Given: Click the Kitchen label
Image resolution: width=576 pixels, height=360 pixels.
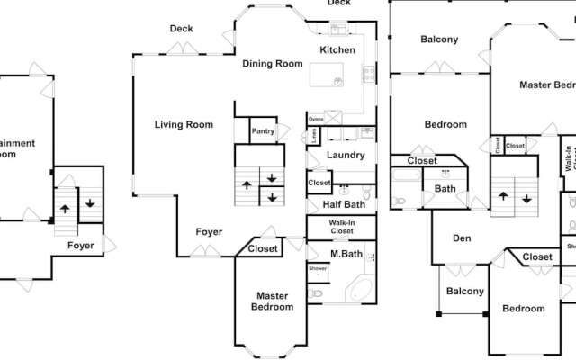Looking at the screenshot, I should [337, 49].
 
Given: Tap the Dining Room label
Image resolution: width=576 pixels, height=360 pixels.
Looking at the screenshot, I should [272, 64].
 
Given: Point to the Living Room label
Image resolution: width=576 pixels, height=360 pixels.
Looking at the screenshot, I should [183, 124].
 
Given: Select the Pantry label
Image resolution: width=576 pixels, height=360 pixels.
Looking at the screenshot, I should [263, 131].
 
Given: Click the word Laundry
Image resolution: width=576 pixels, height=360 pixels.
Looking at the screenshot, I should [346, 155].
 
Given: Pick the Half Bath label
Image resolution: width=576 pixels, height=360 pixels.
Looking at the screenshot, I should [343, 204].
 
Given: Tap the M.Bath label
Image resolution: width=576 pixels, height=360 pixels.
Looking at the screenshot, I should [346, 254].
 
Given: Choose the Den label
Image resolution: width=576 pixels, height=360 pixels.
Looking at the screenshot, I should [462, 238].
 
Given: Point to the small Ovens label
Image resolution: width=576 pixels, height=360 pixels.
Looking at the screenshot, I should [316, 119].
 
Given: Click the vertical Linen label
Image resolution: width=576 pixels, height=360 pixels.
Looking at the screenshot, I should [314, 136].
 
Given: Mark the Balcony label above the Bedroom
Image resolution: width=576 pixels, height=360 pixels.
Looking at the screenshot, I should [439, 39].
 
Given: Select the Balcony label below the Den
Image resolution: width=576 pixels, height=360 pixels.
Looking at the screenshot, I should [465, 291].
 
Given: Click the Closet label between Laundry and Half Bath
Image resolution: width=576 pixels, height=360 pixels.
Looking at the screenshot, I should [319, 183].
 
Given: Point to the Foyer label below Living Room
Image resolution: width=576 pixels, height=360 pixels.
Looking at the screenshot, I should [210, 232].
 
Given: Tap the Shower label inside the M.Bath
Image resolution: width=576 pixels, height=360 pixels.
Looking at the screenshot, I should [317, 268].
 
